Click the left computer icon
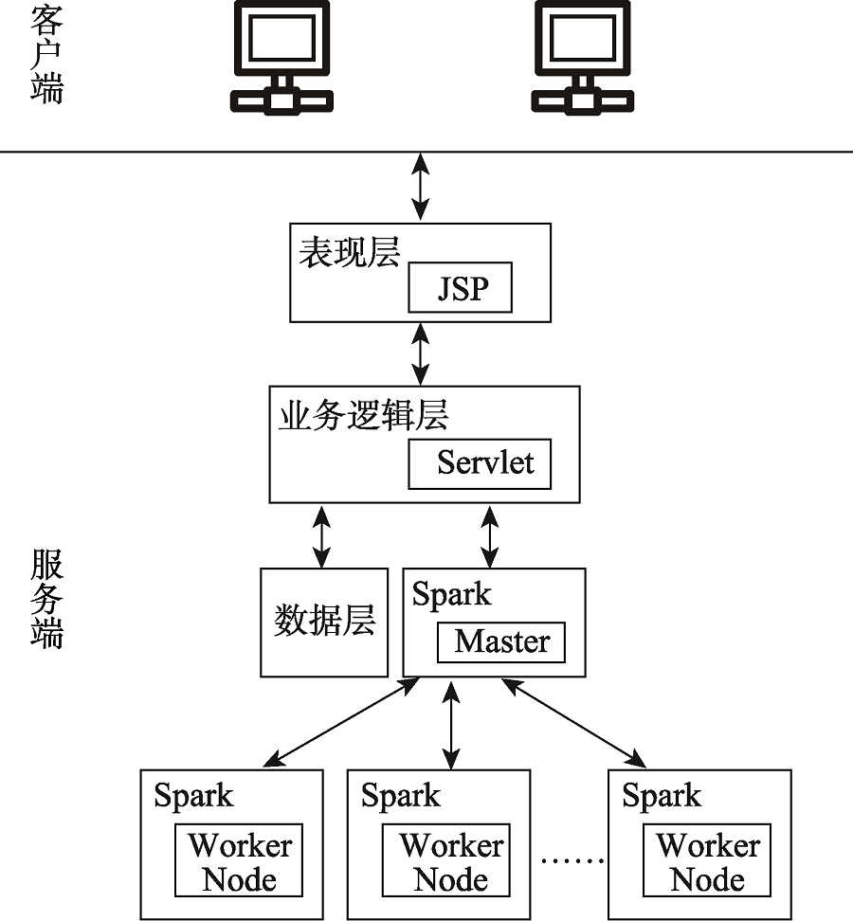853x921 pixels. coord(282,57)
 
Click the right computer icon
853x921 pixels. coord(583,57)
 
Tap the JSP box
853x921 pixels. coord(460,287)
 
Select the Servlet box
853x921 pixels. coord(480,463)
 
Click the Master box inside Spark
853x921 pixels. coord(501,642)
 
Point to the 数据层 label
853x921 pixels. coord(324,621)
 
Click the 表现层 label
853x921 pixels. coord(350,252)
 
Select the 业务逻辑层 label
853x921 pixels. coord(364,415)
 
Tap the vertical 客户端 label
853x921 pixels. coord(46,55)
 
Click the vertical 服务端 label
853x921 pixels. coord(46,599)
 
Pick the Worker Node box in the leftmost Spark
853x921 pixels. coord(239,860)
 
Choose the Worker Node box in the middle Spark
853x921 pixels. coord(445,860)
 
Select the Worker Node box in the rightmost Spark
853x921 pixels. coord(707,860)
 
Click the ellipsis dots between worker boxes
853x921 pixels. coord(572,861)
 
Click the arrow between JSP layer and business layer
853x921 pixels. coord(420,354)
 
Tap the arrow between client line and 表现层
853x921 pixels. coord(420,187)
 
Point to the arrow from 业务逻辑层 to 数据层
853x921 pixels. coord(321,536)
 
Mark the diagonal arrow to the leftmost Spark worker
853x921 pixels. coord(341,722)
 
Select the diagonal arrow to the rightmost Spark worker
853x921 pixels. coord(573,723)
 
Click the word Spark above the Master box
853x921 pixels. coord(451,594)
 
